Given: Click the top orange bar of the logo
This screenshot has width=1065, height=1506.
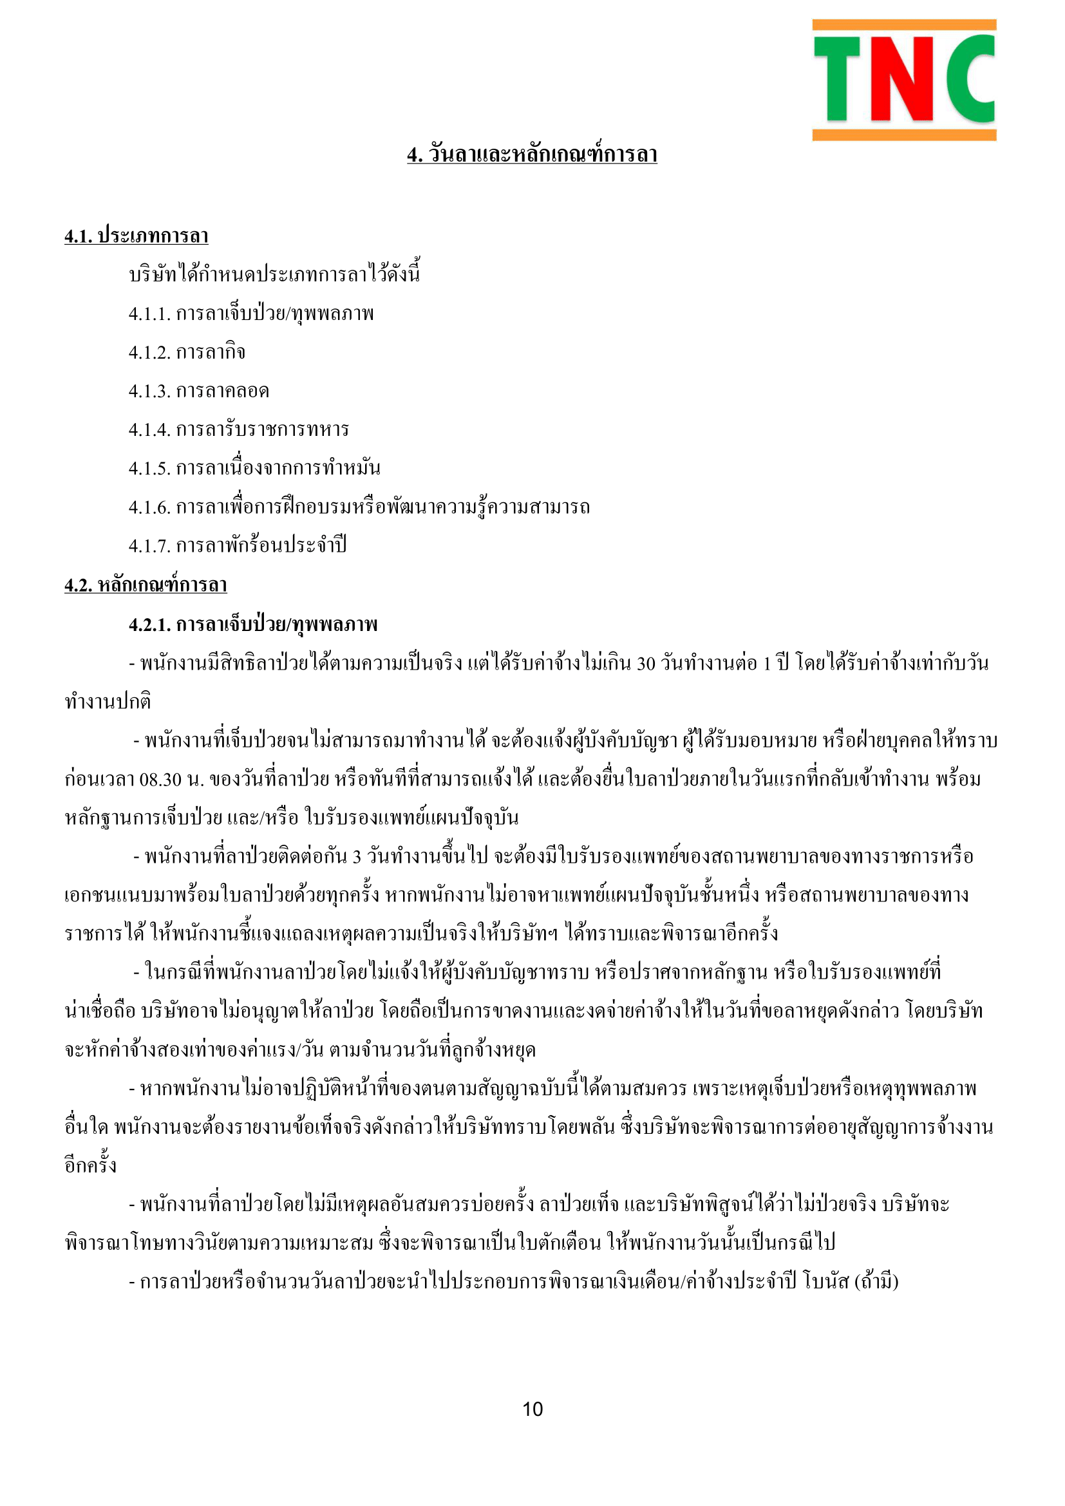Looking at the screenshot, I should (903, 25).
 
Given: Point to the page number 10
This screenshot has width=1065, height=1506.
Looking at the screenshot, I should (532, 1409).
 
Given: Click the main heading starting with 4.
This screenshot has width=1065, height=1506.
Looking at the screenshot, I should (532, 155).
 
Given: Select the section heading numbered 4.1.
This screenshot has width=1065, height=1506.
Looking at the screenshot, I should (137, 236).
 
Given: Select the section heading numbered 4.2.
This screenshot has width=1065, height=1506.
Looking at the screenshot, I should (146, 585).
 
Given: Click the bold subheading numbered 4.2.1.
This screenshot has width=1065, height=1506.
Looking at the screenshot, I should (253, 624).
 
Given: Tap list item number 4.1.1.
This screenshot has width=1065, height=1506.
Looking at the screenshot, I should (251, 314).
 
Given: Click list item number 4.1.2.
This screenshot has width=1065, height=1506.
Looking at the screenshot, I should (187, 353).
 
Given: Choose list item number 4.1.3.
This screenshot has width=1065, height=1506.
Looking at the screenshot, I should (199, 391).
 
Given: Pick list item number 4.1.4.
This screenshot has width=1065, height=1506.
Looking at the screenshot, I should (239, 430).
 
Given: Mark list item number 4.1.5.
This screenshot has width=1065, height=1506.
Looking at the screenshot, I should (254, 469).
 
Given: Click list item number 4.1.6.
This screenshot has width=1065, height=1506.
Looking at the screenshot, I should (359, 507).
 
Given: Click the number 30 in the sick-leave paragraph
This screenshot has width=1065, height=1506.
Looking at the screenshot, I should (646, 664).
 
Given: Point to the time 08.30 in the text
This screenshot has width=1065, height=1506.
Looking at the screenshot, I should (160, 780).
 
